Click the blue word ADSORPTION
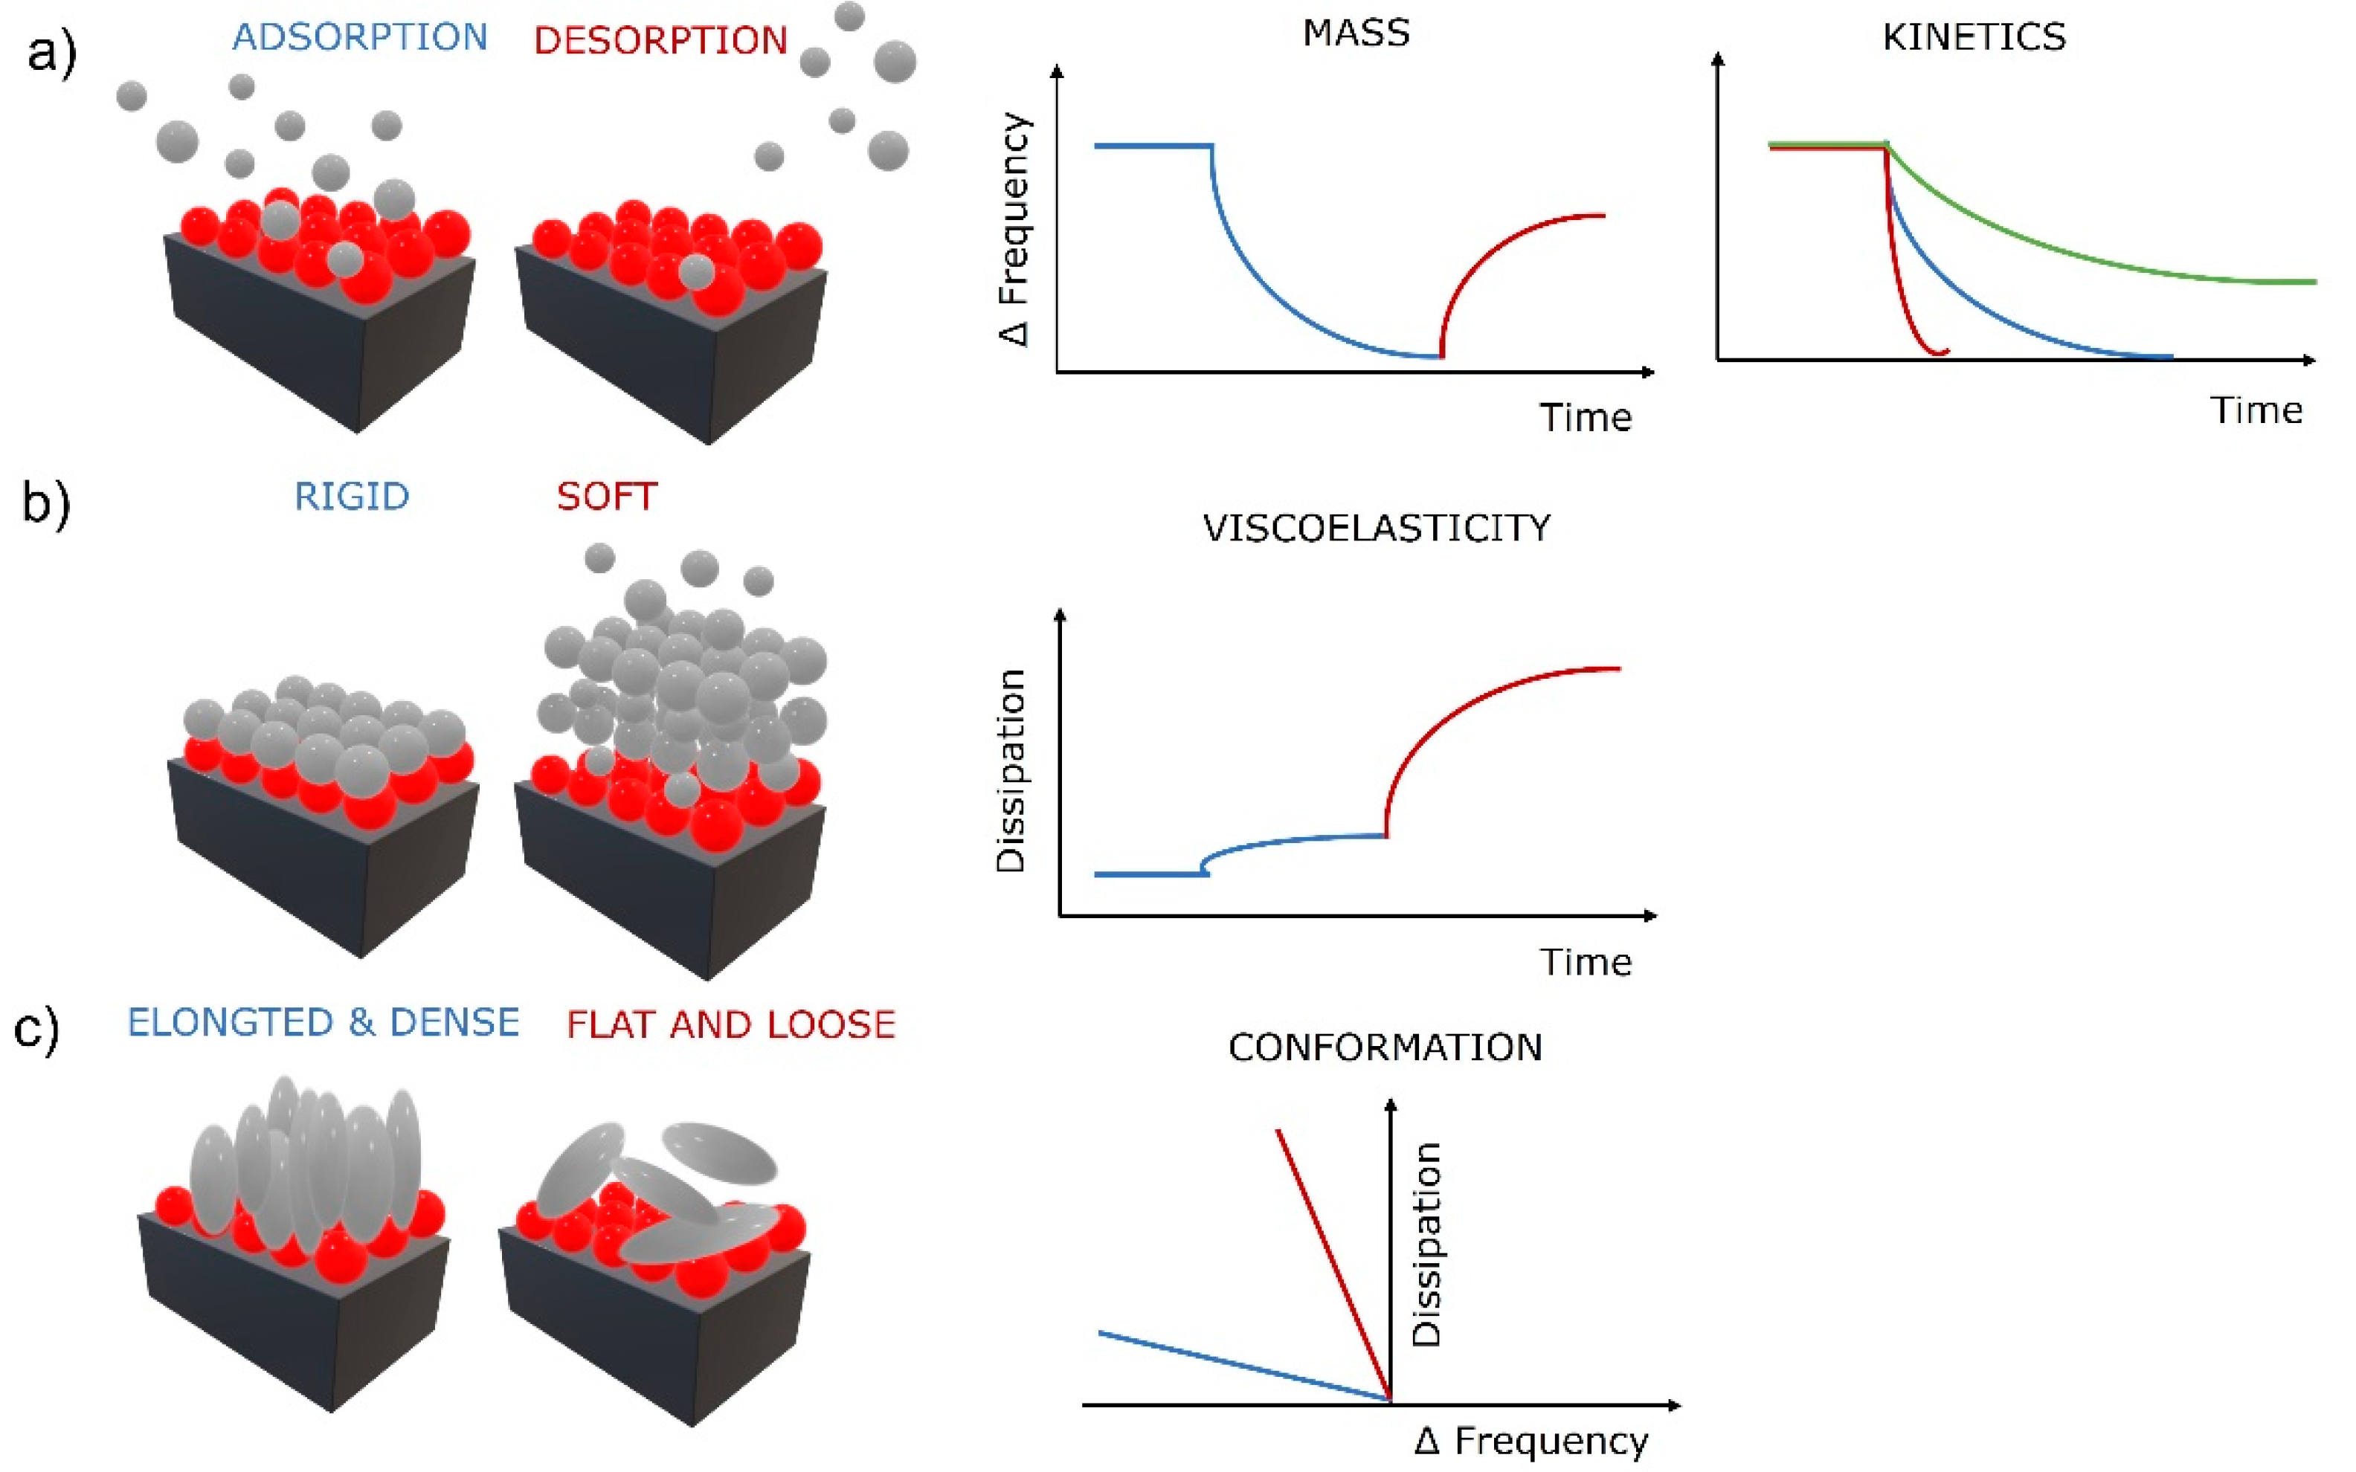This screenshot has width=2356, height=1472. [359, 37]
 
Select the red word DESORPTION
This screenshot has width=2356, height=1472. [660, 41]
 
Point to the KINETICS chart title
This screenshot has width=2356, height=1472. [1974, 37]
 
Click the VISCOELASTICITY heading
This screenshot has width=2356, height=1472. [1376, 528]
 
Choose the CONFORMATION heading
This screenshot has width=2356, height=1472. [1385, 1047]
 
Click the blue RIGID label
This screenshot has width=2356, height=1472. [352, 497]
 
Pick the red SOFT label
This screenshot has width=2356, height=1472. [607, 497]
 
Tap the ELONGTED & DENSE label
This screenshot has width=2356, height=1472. [324, 1022]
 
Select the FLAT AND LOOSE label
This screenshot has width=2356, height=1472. [730, 1024]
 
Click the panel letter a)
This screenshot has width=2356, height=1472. [51, 54]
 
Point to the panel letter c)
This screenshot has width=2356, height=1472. [37, 1029]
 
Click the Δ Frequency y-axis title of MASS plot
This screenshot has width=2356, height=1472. [1014, 229]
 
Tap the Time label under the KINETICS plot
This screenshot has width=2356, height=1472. [2255, 410]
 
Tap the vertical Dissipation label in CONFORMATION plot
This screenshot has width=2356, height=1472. [1426, 1245]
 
